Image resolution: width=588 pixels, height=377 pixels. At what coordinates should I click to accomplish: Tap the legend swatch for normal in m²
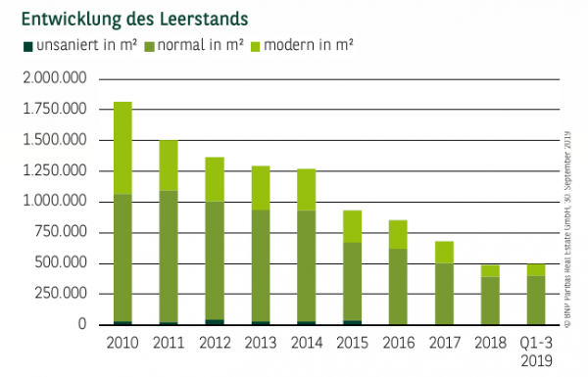pos(149,46)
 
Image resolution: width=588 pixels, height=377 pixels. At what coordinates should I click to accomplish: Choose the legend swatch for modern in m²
pos(257,46)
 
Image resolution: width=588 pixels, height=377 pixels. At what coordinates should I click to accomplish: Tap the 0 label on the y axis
pos(84,325)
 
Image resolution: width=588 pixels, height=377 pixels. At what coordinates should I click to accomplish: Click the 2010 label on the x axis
pos(122,343)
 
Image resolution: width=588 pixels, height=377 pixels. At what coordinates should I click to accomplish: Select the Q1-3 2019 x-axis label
pos(535,351)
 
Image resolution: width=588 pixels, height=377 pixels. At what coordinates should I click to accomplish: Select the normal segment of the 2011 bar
pos(169,255)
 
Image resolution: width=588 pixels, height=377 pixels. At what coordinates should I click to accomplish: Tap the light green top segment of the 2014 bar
pos(307,189)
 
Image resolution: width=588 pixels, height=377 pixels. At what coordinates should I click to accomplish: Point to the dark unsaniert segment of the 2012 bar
pos(215,321)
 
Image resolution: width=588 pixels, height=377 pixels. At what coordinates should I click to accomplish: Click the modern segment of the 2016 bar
pos(398,234)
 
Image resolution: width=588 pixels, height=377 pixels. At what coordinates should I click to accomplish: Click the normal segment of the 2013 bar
pos(261,264)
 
